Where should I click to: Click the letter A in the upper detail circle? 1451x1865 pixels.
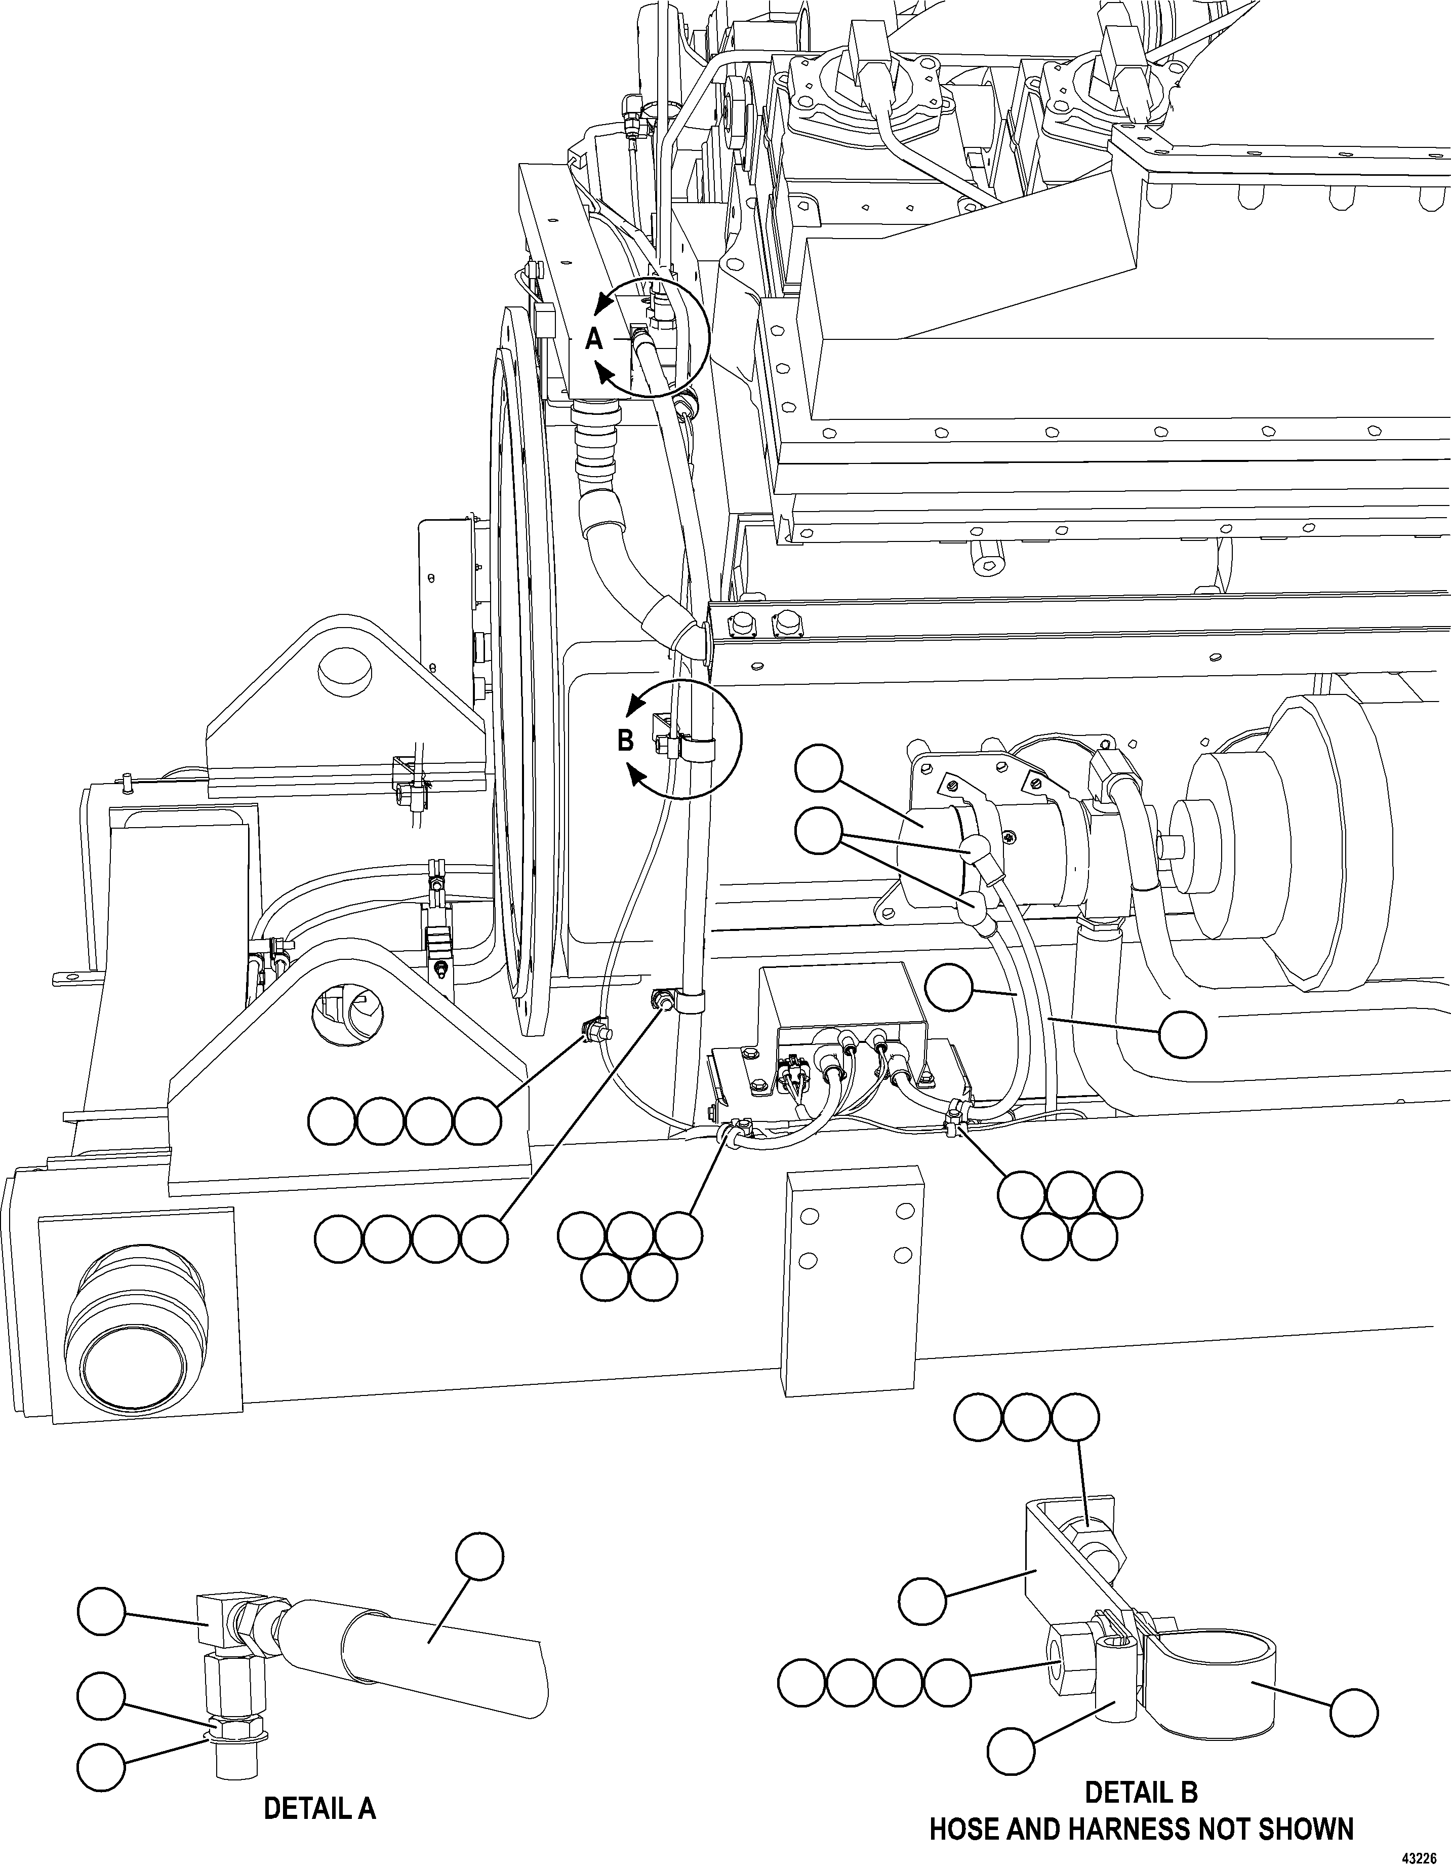tap(594, 340)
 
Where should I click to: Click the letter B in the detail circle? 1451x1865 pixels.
tap(626, 741)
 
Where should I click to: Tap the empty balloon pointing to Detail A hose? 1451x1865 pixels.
tap(479, 1556)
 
